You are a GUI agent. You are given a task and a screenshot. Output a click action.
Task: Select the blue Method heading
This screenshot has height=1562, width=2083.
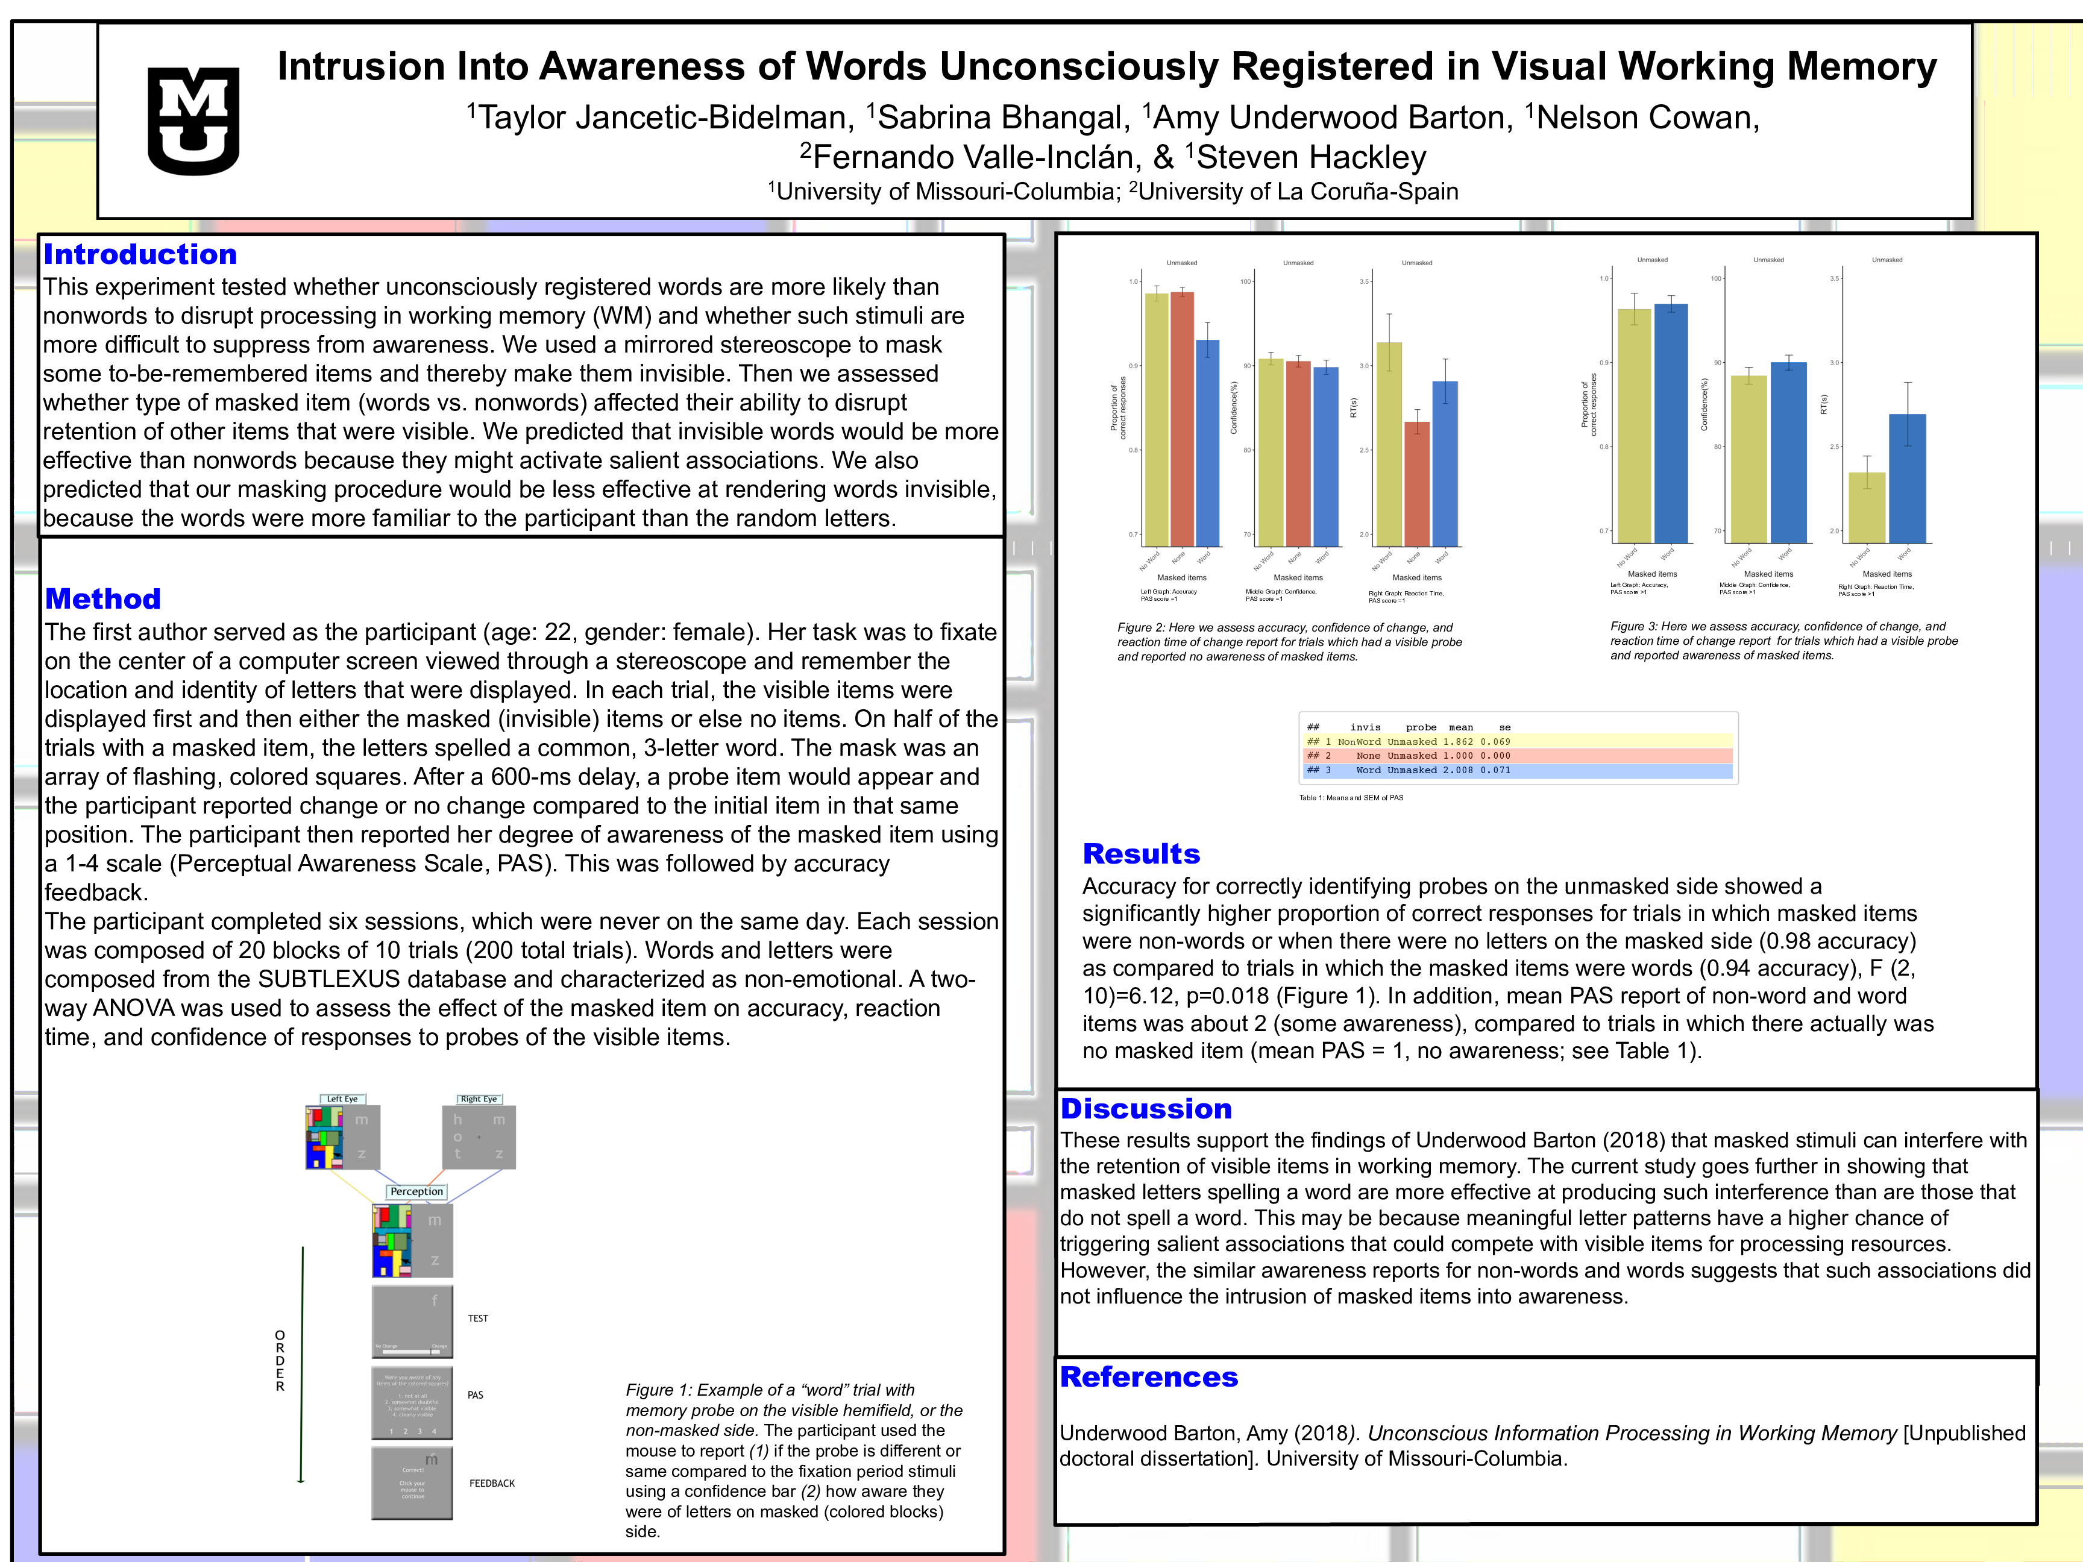(102, 599)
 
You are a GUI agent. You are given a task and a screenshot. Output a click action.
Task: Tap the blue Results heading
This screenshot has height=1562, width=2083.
(1142, 854)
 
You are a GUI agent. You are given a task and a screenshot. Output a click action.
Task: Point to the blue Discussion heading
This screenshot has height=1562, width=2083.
(1146, 1108)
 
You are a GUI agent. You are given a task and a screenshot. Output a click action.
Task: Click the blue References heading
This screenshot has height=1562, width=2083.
(1149, 1376)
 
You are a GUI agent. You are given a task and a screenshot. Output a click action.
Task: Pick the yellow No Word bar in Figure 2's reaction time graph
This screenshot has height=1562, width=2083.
(1389, 442)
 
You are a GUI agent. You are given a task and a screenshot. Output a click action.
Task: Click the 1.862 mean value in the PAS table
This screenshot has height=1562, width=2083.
(1458, 742)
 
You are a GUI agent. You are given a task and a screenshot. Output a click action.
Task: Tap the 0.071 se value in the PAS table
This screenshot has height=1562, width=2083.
(1495, 770)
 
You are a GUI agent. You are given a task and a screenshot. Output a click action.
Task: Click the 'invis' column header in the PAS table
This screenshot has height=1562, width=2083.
(1365, 727)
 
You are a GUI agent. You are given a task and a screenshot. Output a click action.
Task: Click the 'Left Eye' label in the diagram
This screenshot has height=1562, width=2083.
(342, 1099)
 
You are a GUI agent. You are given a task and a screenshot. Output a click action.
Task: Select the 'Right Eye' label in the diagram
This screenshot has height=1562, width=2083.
(479, 1099)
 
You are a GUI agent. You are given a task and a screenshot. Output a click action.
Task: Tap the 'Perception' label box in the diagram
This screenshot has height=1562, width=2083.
(416, 1191)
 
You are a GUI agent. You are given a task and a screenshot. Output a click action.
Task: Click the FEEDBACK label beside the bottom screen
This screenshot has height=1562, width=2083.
(492, 1483)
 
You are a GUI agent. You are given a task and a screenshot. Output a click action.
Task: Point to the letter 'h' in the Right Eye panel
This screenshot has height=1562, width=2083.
(457, 1120)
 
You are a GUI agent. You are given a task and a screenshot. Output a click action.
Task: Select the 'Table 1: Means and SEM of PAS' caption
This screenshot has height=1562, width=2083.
(1350, 797)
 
